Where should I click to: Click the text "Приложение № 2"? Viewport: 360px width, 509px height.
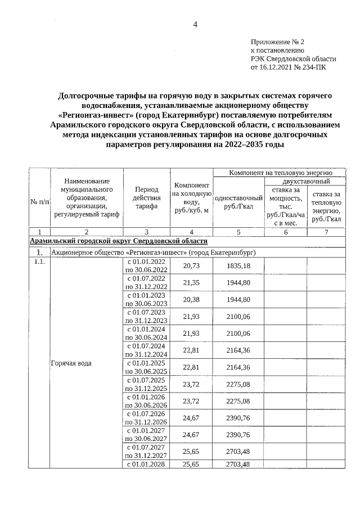(277, 42)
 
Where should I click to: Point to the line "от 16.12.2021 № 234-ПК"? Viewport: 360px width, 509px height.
(287, 66)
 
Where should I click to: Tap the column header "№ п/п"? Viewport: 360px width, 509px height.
(39, 202)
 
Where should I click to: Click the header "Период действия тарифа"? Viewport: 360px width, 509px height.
(146, 198)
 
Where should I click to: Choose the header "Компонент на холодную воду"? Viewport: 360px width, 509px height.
(191, 198)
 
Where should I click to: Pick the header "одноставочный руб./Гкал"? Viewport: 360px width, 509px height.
(239, 202)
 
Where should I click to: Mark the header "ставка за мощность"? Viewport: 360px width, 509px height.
(285, 206)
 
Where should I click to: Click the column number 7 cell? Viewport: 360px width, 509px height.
(326, 232)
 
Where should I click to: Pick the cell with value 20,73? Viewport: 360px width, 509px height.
(191, 265)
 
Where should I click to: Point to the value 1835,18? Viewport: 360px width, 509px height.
(238, 265)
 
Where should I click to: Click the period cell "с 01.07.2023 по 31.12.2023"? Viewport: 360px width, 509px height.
(146, 316)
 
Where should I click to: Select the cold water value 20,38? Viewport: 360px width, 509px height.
(191, 299)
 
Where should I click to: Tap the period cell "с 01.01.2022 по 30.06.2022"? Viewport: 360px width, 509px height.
(146, 265)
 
